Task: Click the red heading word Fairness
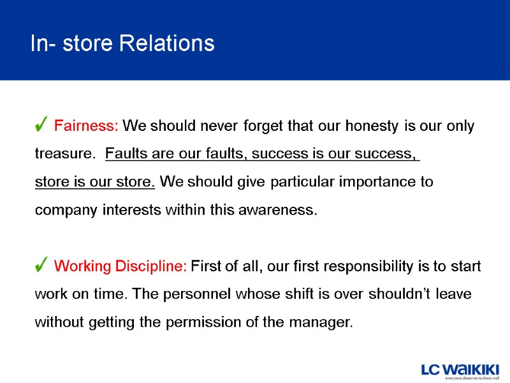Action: point(86,126)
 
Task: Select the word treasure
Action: point(64,154)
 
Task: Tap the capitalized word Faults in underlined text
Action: point(125,154)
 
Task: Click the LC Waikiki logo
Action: point(459,368)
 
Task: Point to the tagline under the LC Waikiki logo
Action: point(472,378)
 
